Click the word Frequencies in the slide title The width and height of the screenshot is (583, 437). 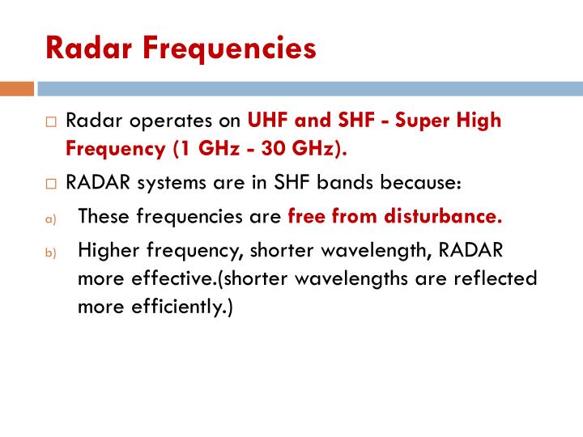229,49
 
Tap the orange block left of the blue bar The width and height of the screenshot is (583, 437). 17,89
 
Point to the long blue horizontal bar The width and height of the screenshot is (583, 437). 310,89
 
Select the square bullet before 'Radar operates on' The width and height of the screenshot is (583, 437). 51,122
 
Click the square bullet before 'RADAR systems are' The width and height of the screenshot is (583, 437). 51,184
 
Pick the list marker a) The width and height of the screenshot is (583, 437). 50,218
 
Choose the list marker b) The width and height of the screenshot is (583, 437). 50,252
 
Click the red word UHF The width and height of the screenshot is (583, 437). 268,120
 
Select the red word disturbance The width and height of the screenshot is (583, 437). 443,216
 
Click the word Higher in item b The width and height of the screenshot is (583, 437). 109,251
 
